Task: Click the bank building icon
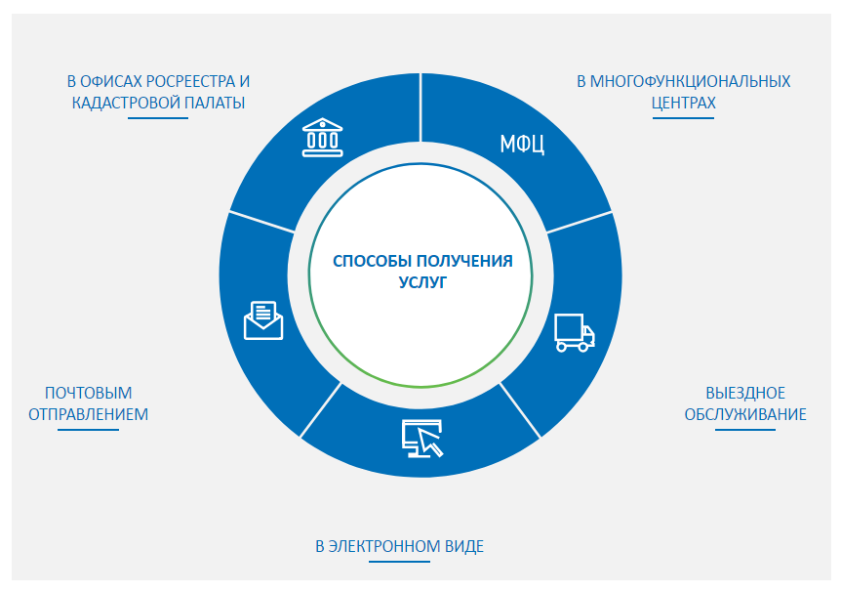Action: pos(322,138)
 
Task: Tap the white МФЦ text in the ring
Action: pos(522,144)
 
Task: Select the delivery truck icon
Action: pos(575,332)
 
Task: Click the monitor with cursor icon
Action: pos(422,439)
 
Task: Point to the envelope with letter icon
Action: pos(263,320)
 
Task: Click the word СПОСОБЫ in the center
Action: pos(373,261)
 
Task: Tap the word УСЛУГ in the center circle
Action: pos(422,282)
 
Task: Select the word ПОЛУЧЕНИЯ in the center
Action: pos(464,261)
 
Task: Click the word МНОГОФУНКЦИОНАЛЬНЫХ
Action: pos(691,82)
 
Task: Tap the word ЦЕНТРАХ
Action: pos(683,103)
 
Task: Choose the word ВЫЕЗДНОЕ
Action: pos(745,394)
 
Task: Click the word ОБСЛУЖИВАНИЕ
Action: pos(745,415)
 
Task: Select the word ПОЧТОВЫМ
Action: pos(89,394)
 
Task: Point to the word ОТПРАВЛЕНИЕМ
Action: pos(89,415)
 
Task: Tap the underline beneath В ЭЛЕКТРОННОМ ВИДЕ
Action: pos(400,562)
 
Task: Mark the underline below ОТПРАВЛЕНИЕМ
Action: pos(89,430)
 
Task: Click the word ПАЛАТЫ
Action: pos(215,103)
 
